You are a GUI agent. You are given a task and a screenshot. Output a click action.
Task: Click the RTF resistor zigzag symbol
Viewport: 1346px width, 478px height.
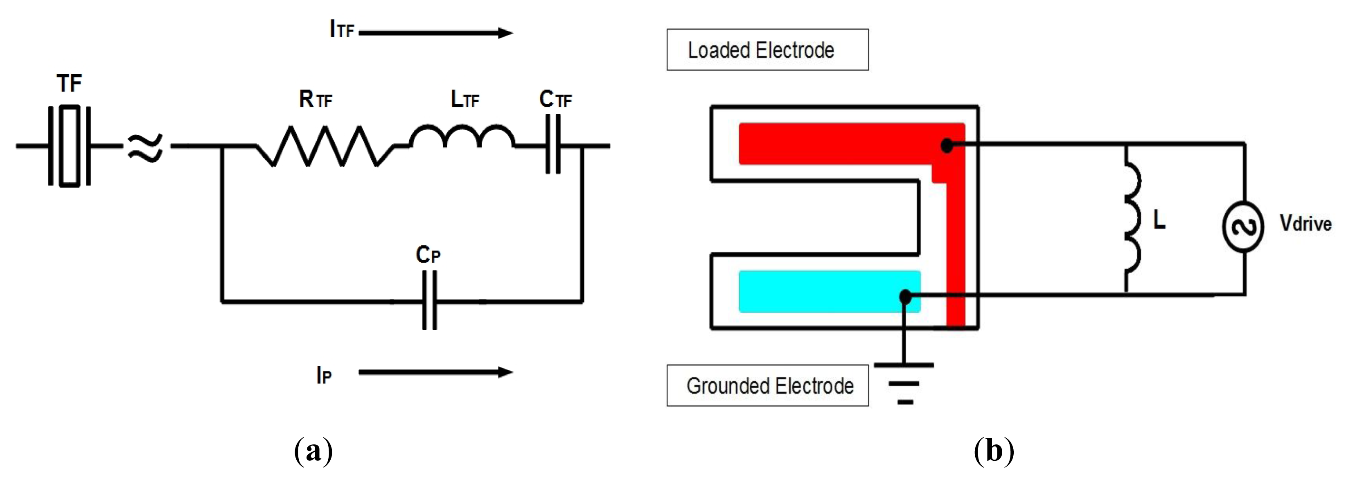pyautogui.click(x=324, y=147)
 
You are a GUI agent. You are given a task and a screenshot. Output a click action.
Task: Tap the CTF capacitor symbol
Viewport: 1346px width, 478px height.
pyautogui.click(x=553, y=145)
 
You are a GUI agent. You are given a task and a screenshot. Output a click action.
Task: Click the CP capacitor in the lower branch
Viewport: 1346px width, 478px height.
pyautogui.click(x=429, y=301)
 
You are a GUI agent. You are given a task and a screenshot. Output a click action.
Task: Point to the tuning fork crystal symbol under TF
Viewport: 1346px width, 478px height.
pyautogui.click(x=70, y=146)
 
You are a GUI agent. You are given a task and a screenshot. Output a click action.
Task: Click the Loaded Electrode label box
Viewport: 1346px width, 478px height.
pyautogui.click(x=767, y=50)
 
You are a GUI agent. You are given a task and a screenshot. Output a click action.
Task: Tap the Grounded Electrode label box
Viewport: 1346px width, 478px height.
pyautogui.click(x=767, y=385)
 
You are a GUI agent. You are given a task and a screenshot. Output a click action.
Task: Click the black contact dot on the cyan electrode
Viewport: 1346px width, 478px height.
pyautogui.click(x=905, y=297)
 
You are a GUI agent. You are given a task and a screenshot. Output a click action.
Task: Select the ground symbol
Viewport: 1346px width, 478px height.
pyautogui.click(x=904, y=384)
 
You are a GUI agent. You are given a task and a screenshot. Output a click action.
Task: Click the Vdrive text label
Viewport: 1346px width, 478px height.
pyautogui.click(x=1305, y=224)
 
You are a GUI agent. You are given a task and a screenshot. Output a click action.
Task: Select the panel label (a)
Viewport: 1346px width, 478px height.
pyautogui.click(x=313, y=451)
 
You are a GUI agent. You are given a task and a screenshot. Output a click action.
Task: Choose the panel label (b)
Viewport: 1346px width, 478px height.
pyautogui.click(x=994, y=451)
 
